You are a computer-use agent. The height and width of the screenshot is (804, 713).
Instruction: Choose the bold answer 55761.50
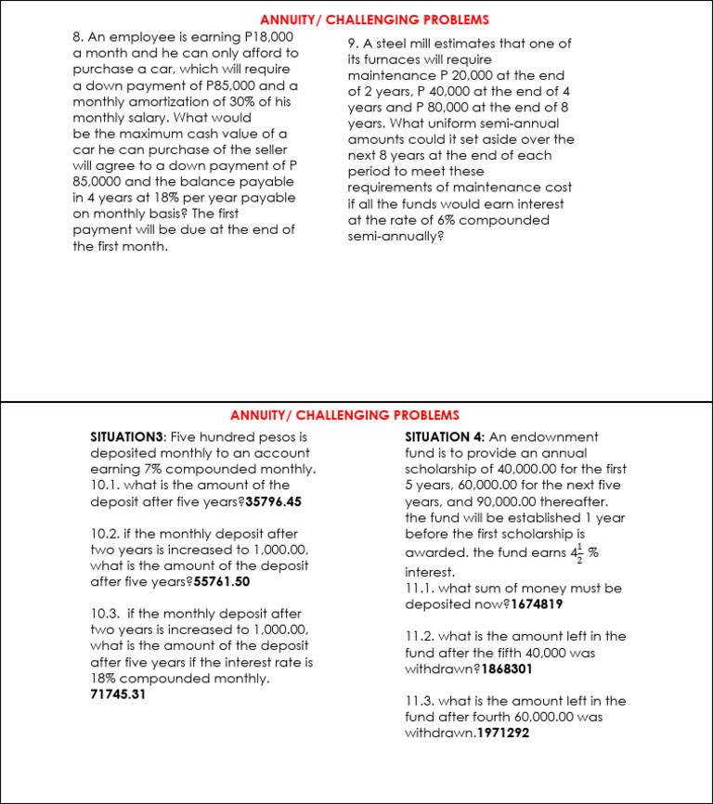(x=222, y=582)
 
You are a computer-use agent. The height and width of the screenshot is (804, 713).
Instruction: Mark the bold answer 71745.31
(x=118, y=694)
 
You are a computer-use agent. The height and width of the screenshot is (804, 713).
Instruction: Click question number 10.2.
(x=106, y=534)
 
